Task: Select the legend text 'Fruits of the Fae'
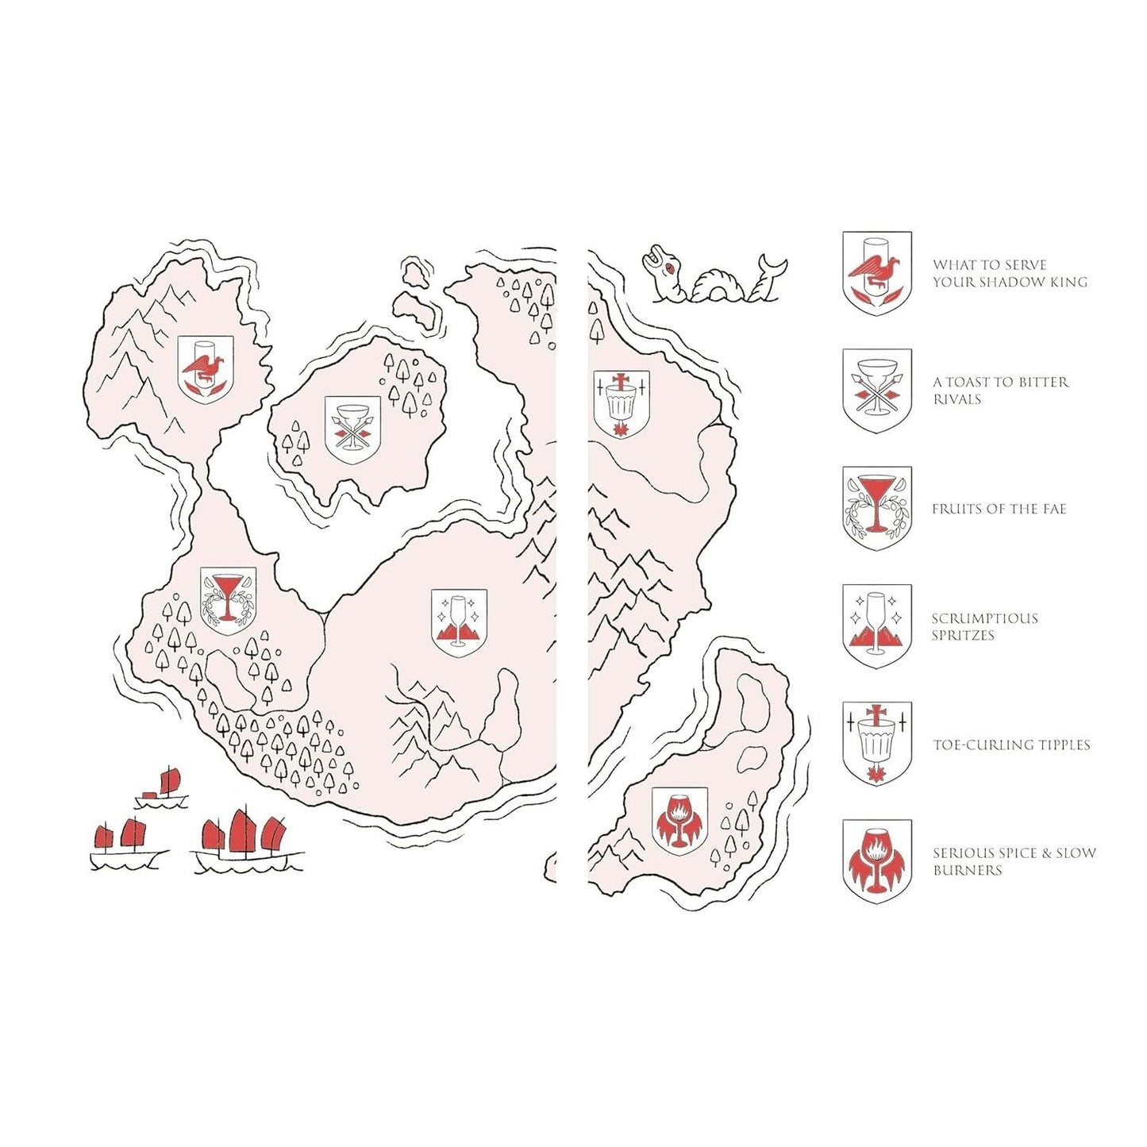click(x=999, y=509)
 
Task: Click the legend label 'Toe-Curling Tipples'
click(x=1011, y=745)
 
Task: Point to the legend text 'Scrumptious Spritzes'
click(x=984, y=627)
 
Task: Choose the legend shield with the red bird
click(x=877, y=273)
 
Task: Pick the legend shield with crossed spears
click(x=877, y=391)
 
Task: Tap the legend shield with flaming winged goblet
click(x=877, y=861)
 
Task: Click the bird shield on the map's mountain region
click(x=206, y=370)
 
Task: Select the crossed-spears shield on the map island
click(x=352, y=430)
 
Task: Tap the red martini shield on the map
click(x=228, y=601)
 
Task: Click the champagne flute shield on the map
click(x=459, y=623)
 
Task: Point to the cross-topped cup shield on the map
click(x=622, y=405)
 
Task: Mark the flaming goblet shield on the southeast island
click(x=679, y=822)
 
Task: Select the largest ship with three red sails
click(x=248, y=841)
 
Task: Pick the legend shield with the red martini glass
click(x=877, y=508)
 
